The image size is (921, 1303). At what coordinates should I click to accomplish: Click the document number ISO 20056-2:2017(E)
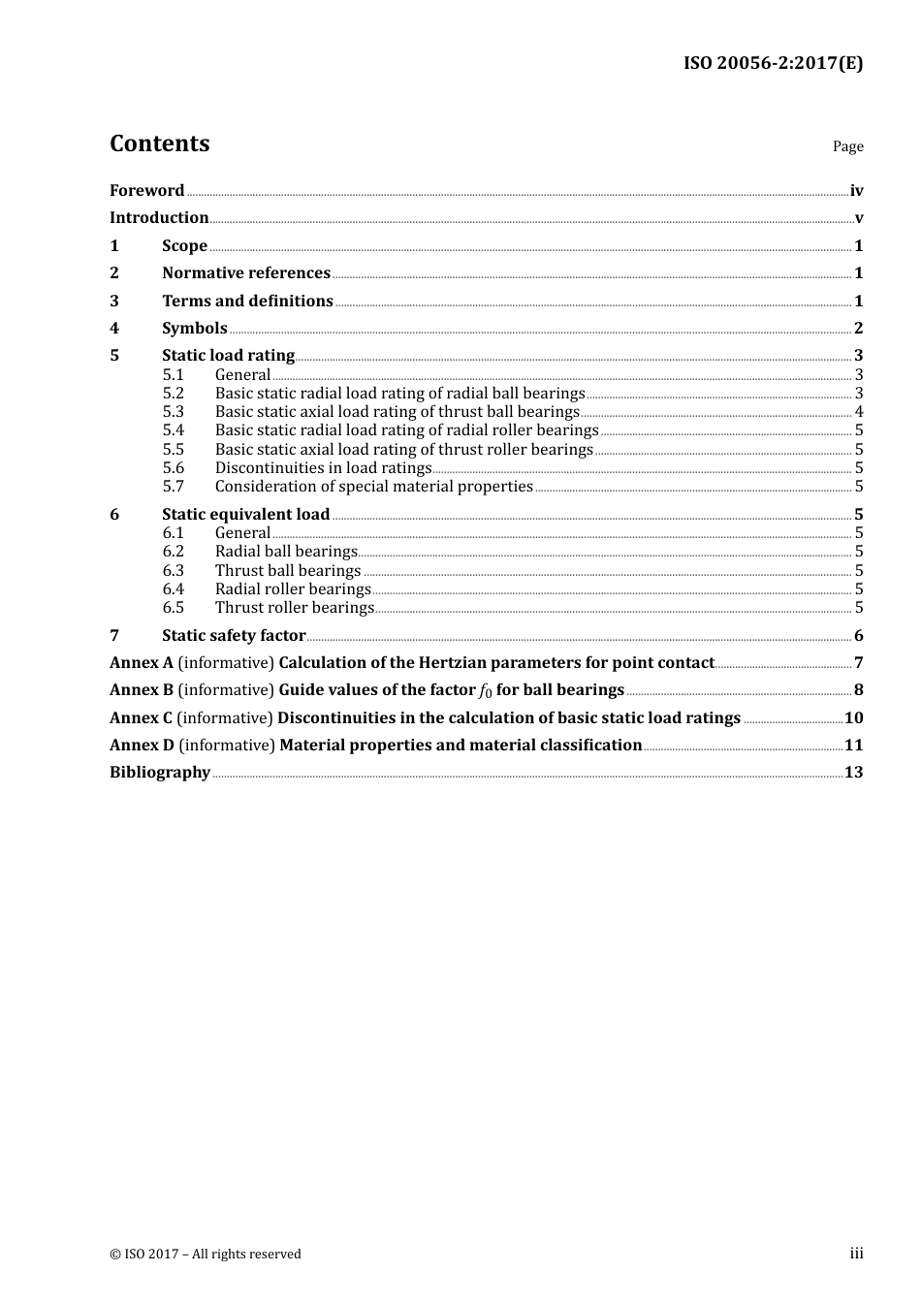[773, 64]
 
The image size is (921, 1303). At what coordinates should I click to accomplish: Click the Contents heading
[159, 143]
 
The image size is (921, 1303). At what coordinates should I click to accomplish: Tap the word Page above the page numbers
[847, 146]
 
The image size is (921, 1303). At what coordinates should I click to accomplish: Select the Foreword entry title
[146, 191]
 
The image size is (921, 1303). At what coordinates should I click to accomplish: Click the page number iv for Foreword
[856, 191]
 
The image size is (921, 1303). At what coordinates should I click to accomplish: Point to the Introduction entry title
[159, 218]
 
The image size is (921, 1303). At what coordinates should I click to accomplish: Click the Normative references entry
[246, 273]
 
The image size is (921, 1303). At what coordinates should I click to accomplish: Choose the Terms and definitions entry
[247, 302]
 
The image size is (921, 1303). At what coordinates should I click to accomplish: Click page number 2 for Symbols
[858, 329]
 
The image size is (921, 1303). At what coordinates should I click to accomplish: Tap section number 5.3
[173, 412]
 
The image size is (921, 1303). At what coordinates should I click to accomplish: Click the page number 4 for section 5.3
[859, 412]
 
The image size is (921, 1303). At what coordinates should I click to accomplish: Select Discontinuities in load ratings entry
[323, 468]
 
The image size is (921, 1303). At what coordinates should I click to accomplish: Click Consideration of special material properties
[373, 487]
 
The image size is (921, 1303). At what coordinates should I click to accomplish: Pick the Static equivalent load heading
[245, 515]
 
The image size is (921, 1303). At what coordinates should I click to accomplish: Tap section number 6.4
[173, 589]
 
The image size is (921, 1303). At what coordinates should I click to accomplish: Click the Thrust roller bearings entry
[294, 608]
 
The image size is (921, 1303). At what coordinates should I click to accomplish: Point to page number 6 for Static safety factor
[858, 636]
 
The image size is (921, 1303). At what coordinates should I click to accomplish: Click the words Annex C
[141, 718]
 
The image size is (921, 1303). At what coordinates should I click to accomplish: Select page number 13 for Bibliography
[853, 773]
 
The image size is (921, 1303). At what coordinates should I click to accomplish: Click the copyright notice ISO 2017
[206, 1255]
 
